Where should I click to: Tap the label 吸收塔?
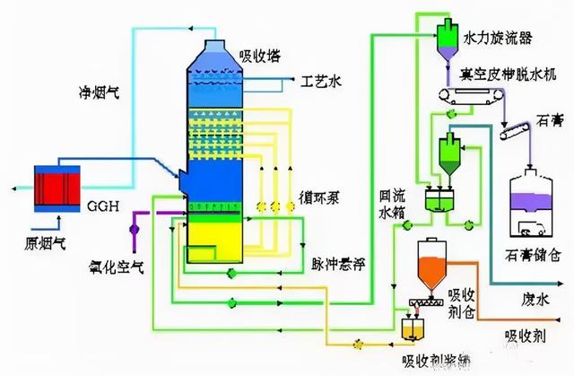(259, 56)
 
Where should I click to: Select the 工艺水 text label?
(324, 83)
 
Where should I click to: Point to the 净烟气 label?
(96, 92)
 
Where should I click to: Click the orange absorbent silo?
(431, 267)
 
